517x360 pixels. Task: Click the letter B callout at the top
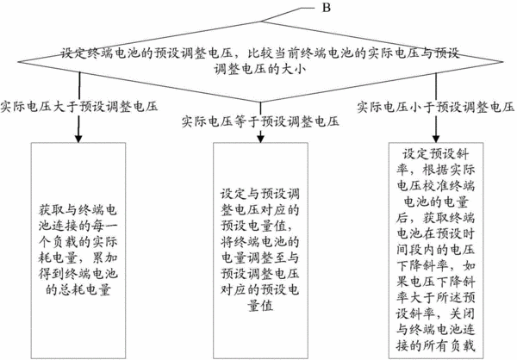[326, 8]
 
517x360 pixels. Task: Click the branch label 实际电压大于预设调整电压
[79, 107]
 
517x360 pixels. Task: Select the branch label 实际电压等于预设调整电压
[260, 121]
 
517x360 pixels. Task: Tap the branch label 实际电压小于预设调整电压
[436, 107]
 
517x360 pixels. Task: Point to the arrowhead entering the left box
[78, 138]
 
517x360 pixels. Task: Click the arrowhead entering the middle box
[260, 138]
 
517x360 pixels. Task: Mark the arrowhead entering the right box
[436, 138]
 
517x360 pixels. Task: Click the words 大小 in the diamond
[294, 69]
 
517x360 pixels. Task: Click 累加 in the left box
[105, 258]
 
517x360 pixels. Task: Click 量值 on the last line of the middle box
[260, 306]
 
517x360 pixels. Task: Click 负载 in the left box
[65, 242]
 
